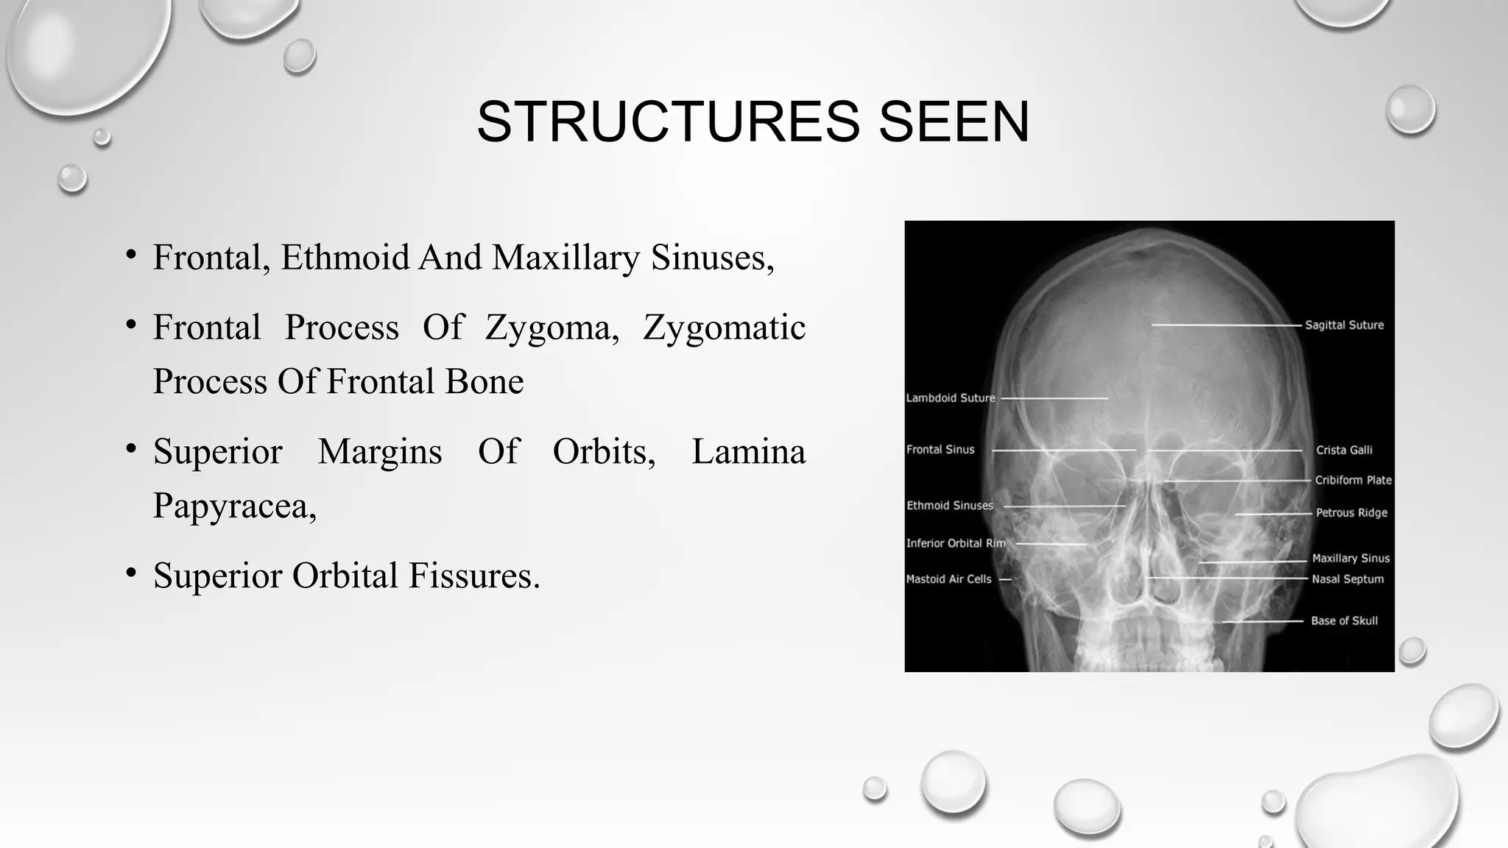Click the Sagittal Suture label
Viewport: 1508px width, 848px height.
[x=1344, y=325]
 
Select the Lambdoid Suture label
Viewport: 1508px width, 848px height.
[x=950, y=398]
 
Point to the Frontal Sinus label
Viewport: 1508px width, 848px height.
[x=940, y=450]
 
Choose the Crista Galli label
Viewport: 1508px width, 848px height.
[x=1344, y=450]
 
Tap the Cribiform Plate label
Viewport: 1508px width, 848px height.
[x=1353, y=480]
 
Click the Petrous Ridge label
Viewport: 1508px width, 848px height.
[x=1351, y=513]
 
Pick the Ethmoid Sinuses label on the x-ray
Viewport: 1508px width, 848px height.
[x=949, y=506]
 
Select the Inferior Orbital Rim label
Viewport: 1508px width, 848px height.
[x=955, y=543]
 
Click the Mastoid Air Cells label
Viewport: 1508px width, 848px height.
[x=948, y=579]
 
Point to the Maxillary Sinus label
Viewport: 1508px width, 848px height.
[x=1350, y=559]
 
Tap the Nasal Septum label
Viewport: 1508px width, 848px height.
[x=1347, y=579]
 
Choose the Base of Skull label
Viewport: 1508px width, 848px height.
[x=1344, y=621]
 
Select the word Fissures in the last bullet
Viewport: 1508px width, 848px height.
[x=473, y=576]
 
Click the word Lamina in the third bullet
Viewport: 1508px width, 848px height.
[x=748, y=451]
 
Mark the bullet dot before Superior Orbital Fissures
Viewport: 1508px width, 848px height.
[x=131, y=573]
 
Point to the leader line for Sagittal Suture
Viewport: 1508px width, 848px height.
[x=1226, y=325]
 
